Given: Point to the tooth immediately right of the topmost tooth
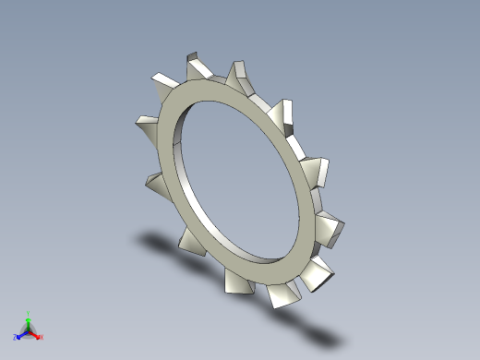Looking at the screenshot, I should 237,71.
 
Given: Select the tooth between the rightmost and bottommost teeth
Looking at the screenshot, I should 318,270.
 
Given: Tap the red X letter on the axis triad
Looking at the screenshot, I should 42,337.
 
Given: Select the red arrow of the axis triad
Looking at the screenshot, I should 35,334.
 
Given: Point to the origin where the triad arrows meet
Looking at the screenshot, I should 29,330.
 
